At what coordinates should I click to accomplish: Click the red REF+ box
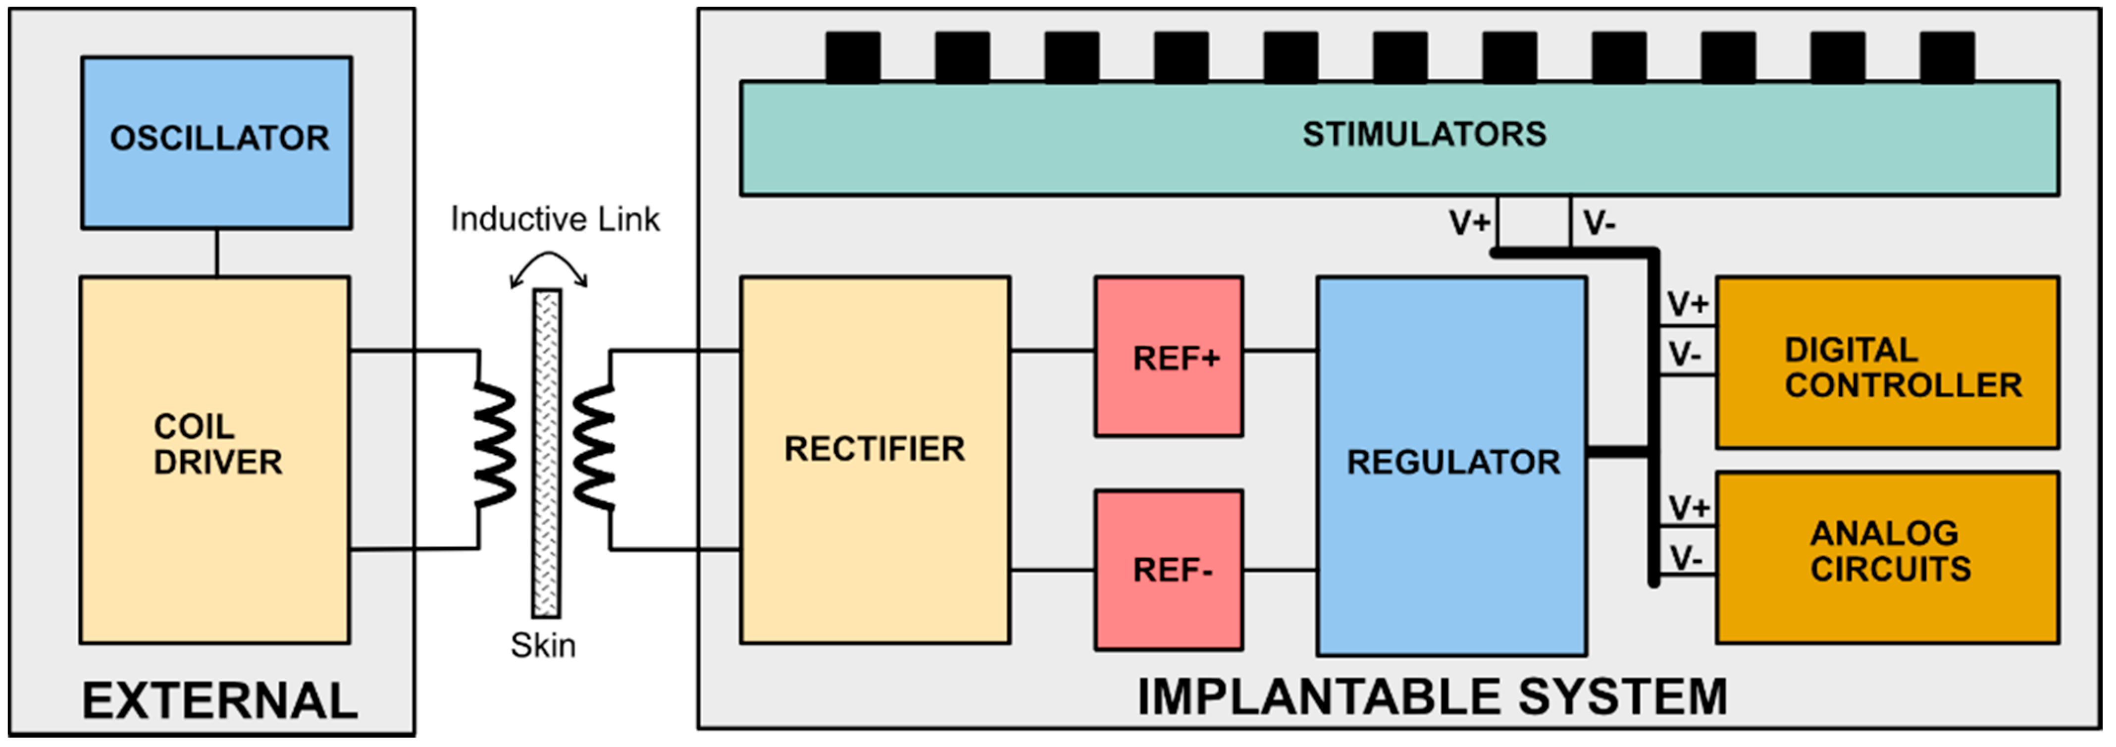[1168, 357]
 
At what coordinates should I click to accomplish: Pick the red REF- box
[1168, 570]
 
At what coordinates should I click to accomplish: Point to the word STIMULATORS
[1424, 134]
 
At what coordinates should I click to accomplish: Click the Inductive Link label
[555, 219]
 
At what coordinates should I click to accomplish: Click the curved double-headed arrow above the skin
[549, 267]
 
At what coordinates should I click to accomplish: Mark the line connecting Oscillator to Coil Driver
[217, 252]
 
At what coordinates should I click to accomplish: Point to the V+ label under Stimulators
[1469, 223]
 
